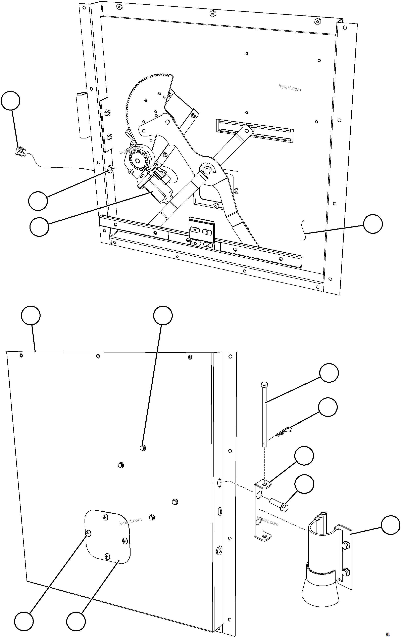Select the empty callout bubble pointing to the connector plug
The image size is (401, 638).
click(x=10, y=101)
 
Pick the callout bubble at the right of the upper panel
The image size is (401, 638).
click(x=373, y=224)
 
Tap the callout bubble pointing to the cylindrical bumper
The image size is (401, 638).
click(x=390, y=525)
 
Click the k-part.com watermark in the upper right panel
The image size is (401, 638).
click(x=290, y=88)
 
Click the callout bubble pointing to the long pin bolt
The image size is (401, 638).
click(x=329, y=373)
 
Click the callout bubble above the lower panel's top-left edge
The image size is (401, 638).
click(x=31, y=315)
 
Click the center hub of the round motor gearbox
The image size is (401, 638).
click(x=137, y=161)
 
